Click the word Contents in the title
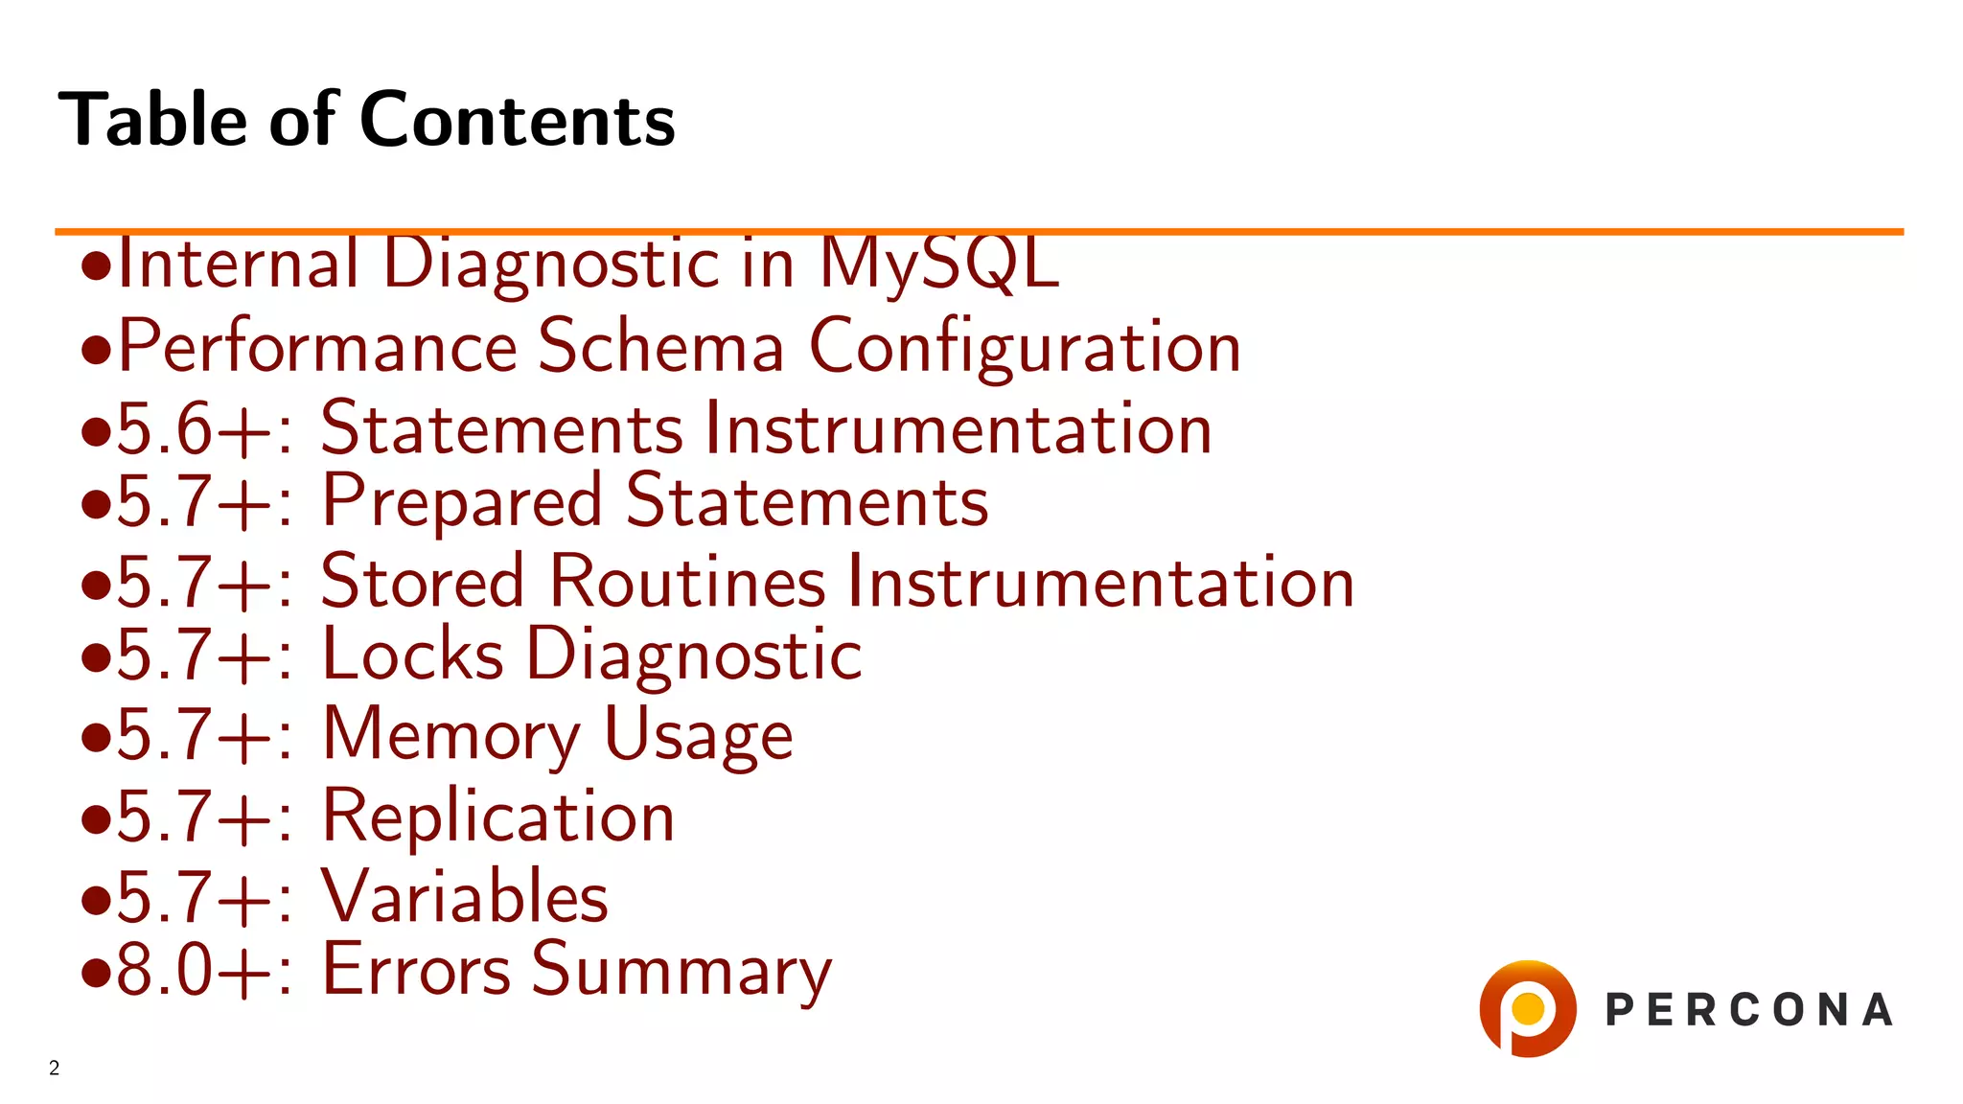pyautogui.click(x=518, y=120)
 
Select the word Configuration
pyautogui.click(x=1025, y=347)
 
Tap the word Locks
pyautogui.click(x=412, y=655)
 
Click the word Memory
pyautogui.click(x=450, y=735)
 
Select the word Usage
pyautogui.click(x=698, y=736)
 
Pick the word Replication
pyautogui.click(x=497, y=816)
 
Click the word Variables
pyautogui.click(x=464, y=897)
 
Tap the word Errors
pyautogui.click(x=416, y=970)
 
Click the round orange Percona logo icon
pyautogui.click(x=1527, y=1008)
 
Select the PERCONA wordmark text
pyautogui.click(x=1748, y=1010)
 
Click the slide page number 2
pyautogui.click(x=55, y=1068)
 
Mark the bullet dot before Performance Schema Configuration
pyautogui.click(x=96, y=350)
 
